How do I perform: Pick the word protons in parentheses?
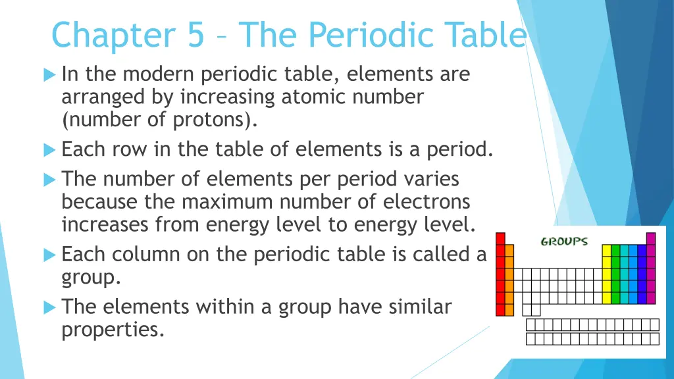click(215, 120)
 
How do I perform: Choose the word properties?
click(112, 329)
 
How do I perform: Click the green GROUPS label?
click(564, 241)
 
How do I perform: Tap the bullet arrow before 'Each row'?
click(49, 150)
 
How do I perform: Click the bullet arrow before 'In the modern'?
click(49, 75)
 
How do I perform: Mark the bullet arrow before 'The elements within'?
click(49, 307)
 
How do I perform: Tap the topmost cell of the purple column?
click(651, 238)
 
